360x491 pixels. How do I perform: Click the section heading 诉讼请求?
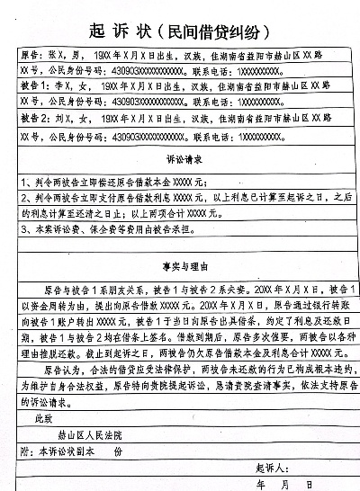[x=180, y=158]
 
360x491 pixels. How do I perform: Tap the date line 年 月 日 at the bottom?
[x=286, y=484]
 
